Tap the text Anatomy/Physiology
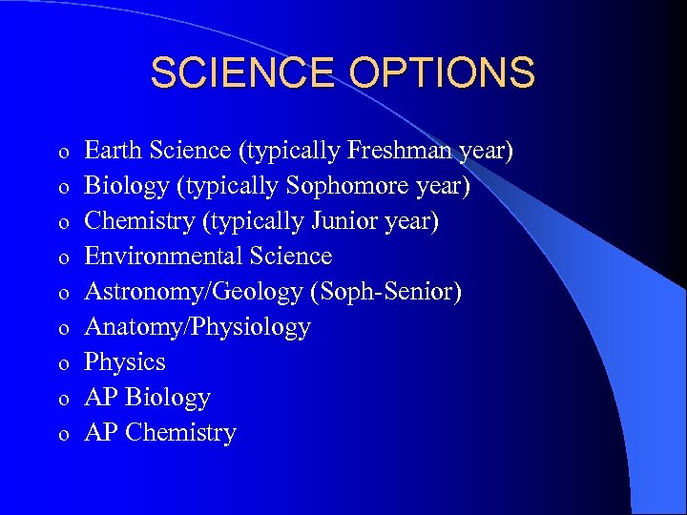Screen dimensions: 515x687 [x=198, y=327]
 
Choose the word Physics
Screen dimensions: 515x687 [x=125, y=362]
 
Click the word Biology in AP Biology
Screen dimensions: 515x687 [x=168, y=398]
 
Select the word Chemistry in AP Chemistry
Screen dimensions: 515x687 [x=180, y=433]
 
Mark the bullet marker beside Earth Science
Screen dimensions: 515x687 [x=62, y=153]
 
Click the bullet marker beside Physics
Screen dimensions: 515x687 [x=62, y=364]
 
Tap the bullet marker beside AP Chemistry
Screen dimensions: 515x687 [x=62, y=435]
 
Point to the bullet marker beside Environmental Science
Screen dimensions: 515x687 [x=62, y=258]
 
